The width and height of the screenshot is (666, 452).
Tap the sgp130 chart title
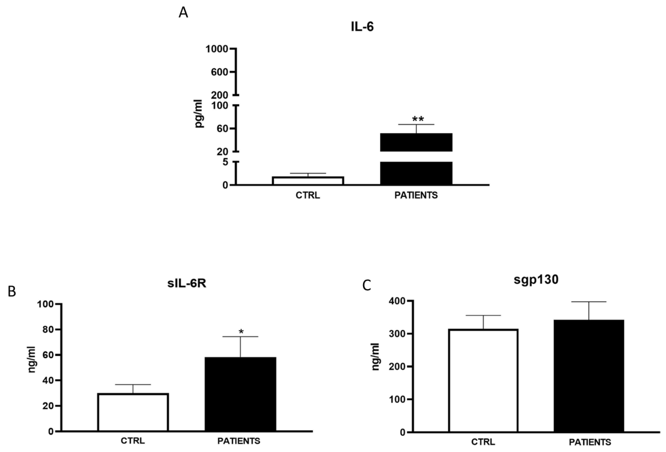pyautogui.click(x=536, y=280)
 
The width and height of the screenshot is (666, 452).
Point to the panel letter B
pyautogui.click(x=12, y=292)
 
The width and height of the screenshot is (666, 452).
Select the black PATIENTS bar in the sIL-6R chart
pyautogui.click(x=240, y=394)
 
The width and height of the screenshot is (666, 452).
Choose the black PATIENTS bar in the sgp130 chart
pyautogui.click(x=589, y=376)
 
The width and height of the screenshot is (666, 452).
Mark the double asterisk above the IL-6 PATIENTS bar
pyautogui.click(x=418, y=119)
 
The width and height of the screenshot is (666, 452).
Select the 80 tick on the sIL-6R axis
pyautogui.click(x=48, y=330)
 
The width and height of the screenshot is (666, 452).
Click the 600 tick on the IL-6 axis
pyautogui.click(x=219, y=72)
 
